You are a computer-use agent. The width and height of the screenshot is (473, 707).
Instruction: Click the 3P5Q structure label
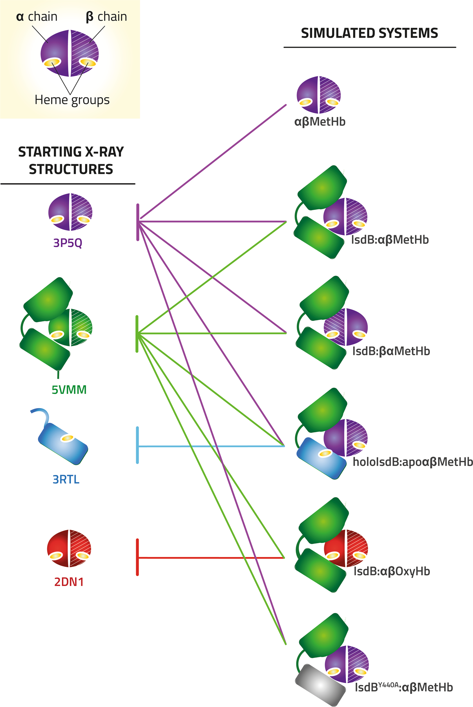coord(68,243)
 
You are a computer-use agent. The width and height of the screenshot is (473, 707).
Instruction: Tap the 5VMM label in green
coord(69,390)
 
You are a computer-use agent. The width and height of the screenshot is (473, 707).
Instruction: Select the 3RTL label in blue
coord(66,479)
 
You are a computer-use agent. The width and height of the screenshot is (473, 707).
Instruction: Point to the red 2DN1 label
coord(69,582)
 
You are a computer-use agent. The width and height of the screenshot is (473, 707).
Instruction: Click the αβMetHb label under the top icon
coord(320,122)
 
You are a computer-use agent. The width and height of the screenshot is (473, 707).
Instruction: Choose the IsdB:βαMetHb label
coord(391,351)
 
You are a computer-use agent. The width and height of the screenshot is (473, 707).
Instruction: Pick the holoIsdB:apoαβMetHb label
coord(413,462)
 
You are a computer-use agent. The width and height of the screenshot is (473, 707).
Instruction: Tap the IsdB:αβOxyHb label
coord(392,571)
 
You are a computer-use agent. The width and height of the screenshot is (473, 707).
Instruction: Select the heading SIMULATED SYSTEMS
coord(369,33)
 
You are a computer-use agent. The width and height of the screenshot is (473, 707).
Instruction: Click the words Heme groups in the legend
coord(72,100)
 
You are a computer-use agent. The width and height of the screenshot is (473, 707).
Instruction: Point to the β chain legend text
coord(106,17)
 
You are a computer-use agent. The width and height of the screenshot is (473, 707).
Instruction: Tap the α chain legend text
coord(37,17)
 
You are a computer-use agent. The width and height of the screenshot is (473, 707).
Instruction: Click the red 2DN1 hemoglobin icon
coord(69,548)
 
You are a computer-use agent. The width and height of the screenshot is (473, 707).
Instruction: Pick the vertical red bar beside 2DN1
coord(137,557)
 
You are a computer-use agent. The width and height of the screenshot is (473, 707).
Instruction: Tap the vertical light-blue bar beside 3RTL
coord(137,445)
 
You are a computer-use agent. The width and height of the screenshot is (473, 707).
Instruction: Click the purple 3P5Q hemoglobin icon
coord(70,212)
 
